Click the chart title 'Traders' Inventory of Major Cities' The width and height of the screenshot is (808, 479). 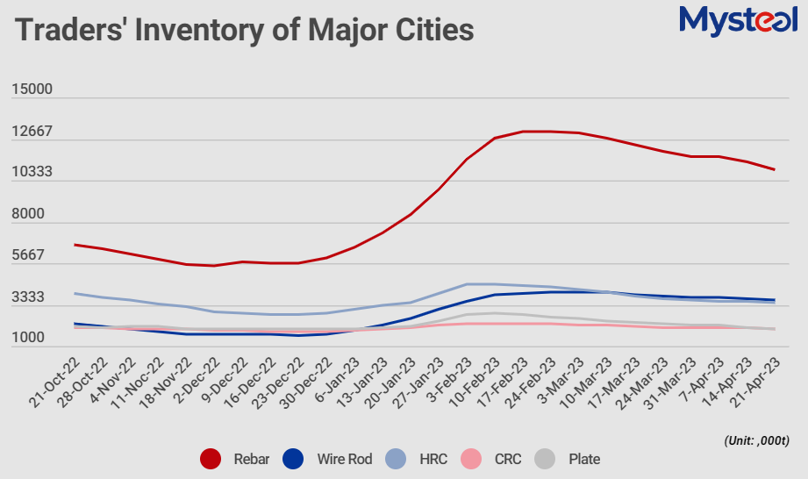[245, 30]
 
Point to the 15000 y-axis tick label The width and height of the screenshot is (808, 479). [32, 89]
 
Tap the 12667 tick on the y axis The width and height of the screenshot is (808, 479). [32, 132]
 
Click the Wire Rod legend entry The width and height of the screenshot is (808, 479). [327, 459]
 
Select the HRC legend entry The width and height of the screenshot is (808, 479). [419, 459]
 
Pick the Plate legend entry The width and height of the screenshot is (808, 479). [570, 459]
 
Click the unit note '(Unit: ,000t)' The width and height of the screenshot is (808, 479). [757, 439]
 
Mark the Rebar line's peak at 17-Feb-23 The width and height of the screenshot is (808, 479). [523, 132]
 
